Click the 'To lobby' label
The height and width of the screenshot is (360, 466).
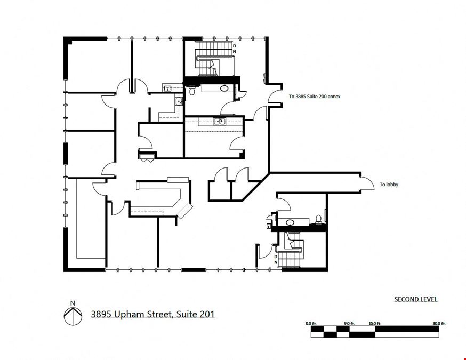389,185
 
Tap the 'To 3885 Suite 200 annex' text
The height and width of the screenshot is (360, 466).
315,97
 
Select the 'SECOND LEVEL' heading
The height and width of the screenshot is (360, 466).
416,299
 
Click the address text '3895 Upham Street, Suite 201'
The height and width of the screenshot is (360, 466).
153,314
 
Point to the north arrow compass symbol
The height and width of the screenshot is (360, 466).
73,316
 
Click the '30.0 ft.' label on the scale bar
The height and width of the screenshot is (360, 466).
439,323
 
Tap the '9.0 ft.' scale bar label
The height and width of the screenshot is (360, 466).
349,323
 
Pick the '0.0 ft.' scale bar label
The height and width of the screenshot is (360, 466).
311,323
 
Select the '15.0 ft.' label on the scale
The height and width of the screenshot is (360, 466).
375,323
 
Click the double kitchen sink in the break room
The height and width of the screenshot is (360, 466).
220,121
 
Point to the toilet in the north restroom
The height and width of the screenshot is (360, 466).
192,90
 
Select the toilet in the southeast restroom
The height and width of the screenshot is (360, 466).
318,219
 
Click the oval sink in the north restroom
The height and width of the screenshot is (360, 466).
224,88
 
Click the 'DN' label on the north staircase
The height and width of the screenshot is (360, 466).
234,49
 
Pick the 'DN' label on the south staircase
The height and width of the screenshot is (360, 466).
276,260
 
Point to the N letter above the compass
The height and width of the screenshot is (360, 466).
73,303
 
